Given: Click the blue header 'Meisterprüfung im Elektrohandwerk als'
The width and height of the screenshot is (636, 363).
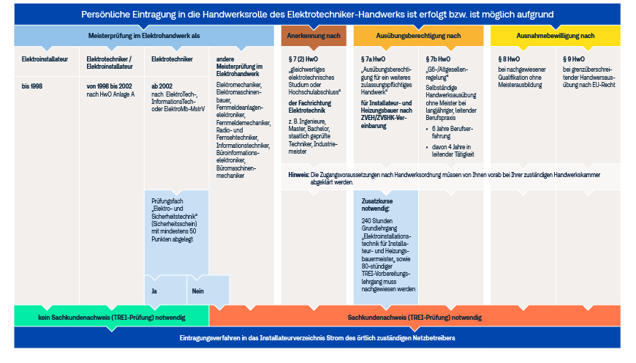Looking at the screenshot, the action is click(144, 36).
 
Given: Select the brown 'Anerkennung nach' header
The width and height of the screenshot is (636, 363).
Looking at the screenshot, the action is click(314, 36).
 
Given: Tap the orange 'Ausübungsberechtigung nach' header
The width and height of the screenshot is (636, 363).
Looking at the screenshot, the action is click(418, 36).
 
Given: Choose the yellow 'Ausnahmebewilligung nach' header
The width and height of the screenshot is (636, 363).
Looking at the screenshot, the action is click(556, 36).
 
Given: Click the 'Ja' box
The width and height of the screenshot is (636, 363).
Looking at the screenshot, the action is click(165, 291).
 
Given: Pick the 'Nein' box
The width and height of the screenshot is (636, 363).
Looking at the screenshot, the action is click(208, 291).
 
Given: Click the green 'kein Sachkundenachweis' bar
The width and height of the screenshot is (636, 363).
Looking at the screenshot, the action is click(112, 317).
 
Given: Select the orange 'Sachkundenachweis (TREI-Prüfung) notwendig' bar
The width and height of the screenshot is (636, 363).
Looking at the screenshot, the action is click(414, 317).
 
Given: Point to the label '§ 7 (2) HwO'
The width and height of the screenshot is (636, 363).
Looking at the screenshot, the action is click(303, 59).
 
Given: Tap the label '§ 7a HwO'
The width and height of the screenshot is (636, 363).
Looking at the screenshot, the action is click(373, 59).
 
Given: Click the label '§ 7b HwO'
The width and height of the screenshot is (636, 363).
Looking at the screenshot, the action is click(438, 59).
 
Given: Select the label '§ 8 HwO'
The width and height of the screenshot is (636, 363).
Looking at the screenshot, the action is click(509, 59).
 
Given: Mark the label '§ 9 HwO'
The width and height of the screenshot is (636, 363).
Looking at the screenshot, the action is click(574, 59).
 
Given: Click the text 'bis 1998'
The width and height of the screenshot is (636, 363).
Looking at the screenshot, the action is click(32, 86).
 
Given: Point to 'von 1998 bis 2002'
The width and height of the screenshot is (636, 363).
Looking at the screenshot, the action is click(109, 86).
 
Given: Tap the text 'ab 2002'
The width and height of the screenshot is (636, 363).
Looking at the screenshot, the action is click(162, 86).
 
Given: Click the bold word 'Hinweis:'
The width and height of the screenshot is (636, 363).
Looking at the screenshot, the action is click(299, 175).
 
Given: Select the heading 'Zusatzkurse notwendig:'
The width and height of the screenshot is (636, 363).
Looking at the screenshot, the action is click(376, 205).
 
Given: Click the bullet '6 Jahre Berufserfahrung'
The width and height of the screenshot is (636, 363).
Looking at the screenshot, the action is click(453, 132).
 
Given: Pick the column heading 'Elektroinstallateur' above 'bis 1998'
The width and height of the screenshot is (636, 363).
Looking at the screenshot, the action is click(45, 59).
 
